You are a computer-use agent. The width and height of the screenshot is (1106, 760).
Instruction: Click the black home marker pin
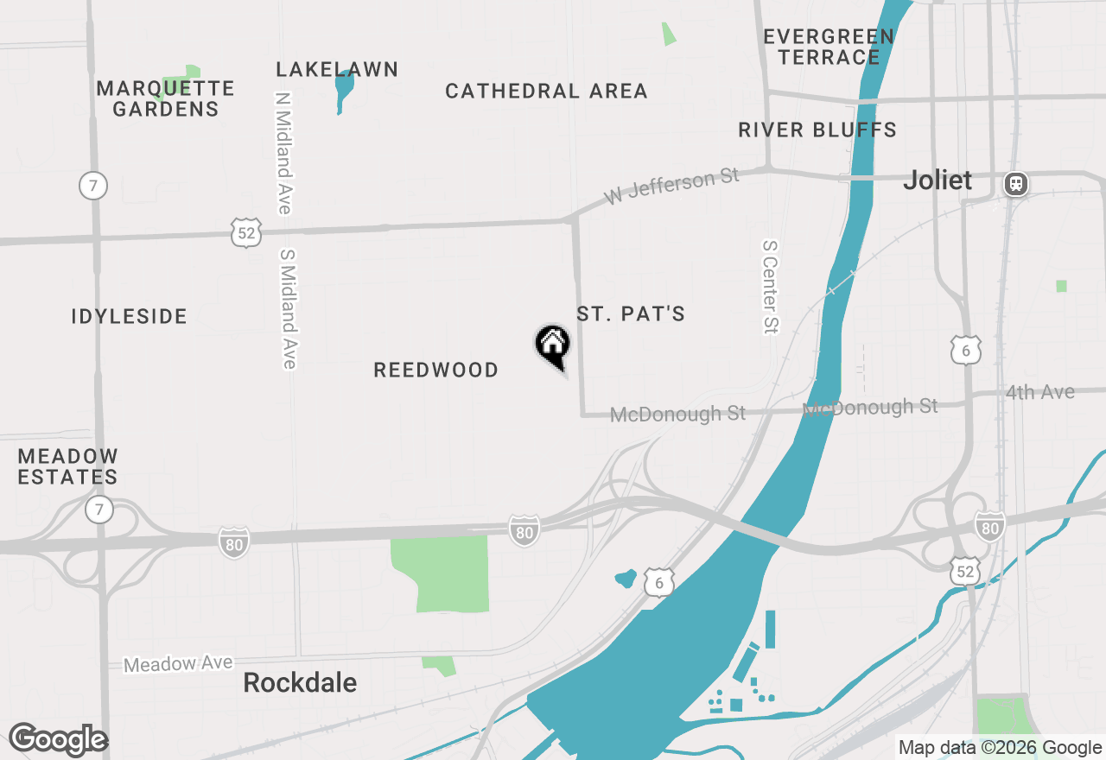pyautogui.click(x=553, y=345)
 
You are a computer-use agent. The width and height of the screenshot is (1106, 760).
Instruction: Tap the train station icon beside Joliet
pyautogui.click(x=1016, y=183)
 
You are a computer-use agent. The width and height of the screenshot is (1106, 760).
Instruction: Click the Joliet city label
pyautogui.click(x=938, y=180)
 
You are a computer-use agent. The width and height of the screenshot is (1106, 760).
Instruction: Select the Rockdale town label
pyautogui.click(x=300, y=682)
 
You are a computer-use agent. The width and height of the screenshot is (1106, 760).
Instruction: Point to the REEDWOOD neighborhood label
pyautogui.click(x=436, y=370)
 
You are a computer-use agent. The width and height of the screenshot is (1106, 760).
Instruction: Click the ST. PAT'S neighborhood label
pyautogui.click(x=631, y=313)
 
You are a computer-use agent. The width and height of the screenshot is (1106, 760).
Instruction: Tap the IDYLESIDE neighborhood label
pyautogui.click(x=130, y=317)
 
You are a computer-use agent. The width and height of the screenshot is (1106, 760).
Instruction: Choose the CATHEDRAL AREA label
pyautogui.click(x=546, y=92)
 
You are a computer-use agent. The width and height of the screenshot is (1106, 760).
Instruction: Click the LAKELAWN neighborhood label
pyautogui.click(x=337, y=70)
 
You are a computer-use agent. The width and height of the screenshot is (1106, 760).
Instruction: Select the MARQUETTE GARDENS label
pyautogui.click(x=165, y=98)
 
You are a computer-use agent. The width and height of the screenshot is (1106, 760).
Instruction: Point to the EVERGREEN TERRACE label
pyautogui.click(x=829, y=47)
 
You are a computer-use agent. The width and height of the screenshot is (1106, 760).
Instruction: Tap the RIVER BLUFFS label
pyautogui.click(x=817, y=130)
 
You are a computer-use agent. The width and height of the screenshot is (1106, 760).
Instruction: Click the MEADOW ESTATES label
pyautogui.click(x=68, y=466)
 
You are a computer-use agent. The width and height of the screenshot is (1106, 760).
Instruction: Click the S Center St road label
pyautogui.click(x=770, y=287)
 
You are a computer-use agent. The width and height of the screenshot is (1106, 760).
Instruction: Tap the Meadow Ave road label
pyautogui.click(x=178, y=663)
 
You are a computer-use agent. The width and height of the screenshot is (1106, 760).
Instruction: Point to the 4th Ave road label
pyautogui.click(x=1039, y=393)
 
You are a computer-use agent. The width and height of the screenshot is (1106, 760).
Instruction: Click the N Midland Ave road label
pyautogui.click(x=283, y=153)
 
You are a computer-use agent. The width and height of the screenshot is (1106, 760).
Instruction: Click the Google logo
pyautogui.click(x=58, y=740)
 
